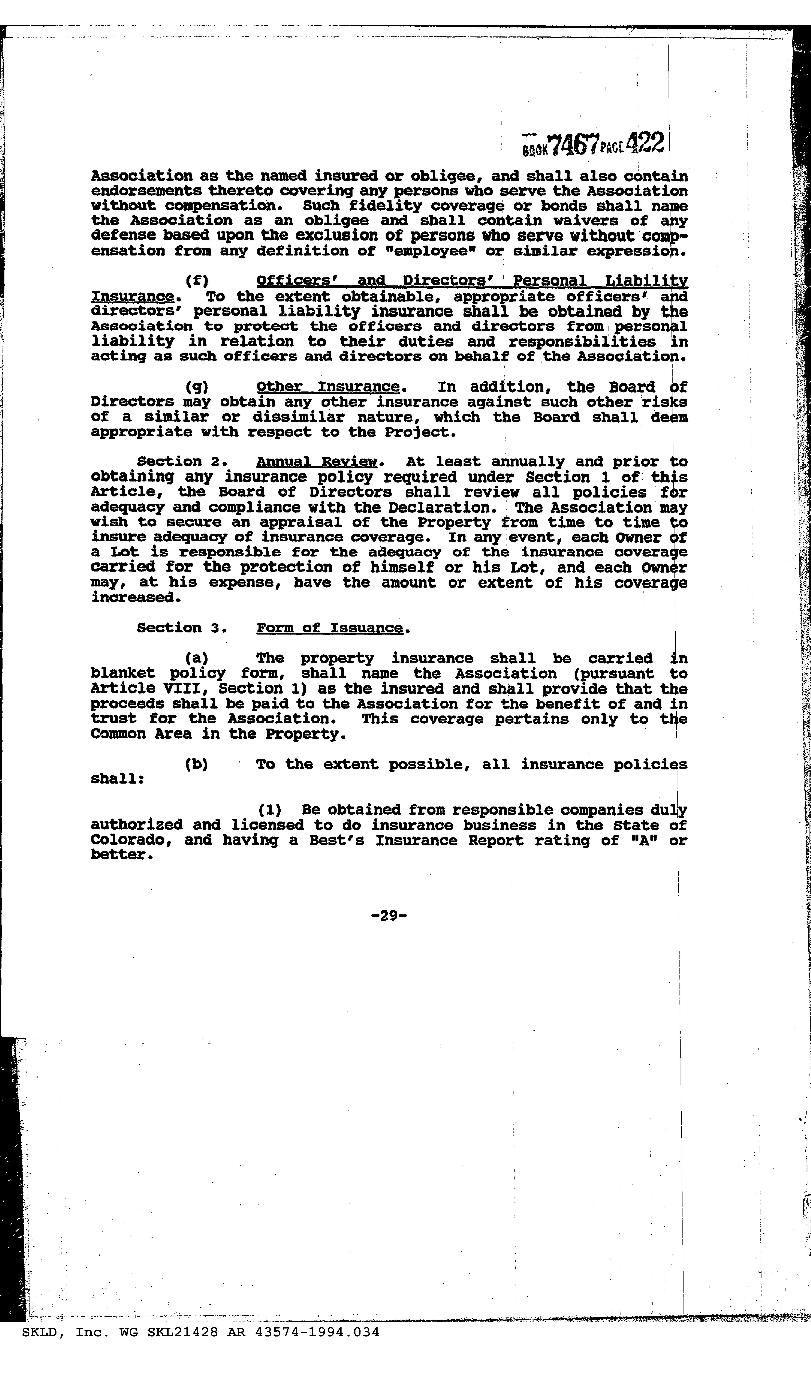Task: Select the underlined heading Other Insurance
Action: click(327, 387)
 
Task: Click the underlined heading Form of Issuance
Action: click(330, 628)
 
